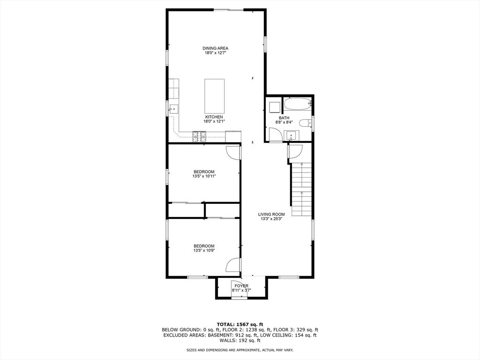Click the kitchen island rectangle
coord(214,96)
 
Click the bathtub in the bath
coord(298,104)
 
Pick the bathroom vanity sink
coord(292,135)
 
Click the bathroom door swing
coord(276,134)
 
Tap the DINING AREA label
coord(215,48)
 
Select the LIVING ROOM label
coord(271,214)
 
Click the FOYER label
coord(241,285)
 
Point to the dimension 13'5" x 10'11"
coord(204,176)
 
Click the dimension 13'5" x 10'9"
coord(204,251)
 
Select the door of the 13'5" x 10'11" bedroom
coord(233,152)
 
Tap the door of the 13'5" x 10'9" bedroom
coord(233,265)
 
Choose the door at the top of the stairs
coord(295,151)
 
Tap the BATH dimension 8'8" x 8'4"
coord(284,122)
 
